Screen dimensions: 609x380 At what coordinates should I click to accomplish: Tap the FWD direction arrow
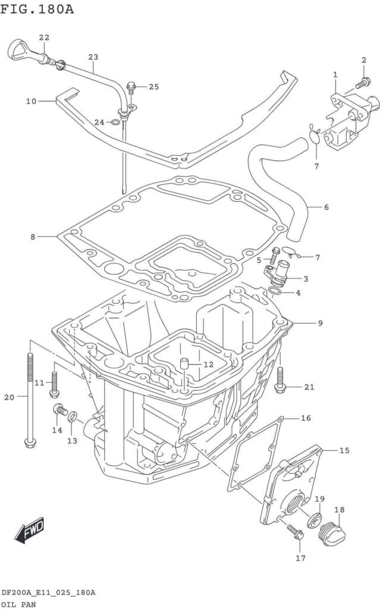[29, 529]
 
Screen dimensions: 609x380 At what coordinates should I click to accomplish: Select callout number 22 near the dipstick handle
[44, 37]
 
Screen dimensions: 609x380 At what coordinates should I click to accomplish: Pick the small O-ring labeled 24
[116, 123]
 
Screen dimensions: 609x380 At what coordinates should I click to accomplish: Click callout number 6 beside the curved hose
[326, 208]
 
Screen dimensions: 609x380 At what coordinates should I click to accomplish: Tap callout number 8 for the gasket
[33, 237]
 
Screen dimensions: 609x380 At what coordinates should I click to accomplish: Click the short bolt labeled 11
[54, 384]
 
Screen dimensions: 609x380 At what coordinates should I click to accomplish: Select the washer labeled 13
[73, 416]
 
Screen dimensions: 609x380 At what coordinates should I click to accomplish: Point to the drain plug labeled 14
[59, 409]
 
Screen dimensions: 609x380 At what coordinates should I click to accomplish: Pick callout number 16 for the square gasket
[306, 418]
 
